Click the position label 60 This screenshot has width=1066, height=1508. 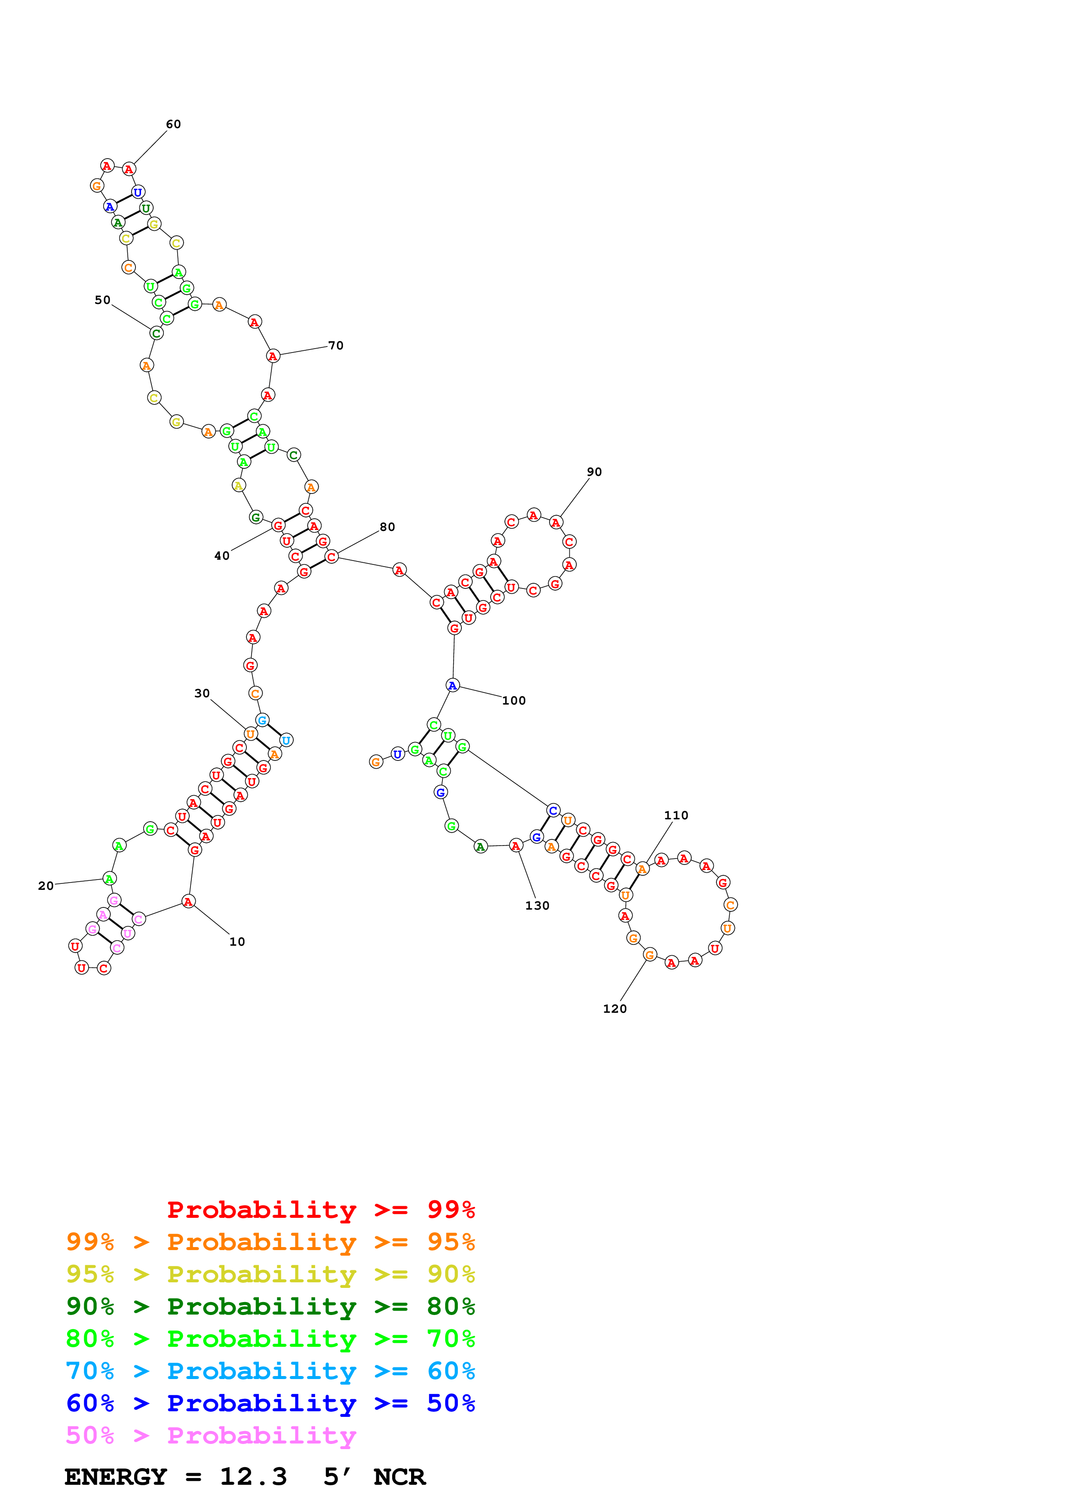coord(173,124)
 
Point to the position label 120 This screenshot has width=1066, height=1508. coord(615,1009)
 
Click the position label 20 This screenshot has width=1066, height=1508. coord(46,886)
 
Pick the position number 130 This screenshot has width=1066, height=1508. coord(537,906)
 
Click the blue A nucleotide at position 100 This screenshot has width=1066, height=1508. coord(452,686)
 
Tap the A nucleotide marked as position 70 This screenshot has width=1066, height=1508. coord(273,356)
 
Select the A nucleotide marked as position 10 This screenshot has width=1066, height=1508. coord(188,902)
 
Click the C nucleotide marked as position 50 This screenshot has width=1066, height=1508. coord(157,334)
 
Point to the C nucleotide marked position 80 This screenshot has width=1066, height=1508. coord(332,557)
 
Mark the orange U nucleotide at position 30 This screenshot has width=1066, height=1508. coord(250,734)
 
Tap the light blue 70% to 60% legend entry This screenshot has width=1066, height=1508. coord(270,1371)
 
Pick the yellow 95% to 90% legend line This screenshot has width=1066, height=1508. coord(270,1274)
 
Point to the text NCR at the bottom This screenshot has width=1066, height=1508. coord(399,1477)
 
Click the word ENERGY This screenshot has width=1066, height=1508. coord(116,1477)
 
